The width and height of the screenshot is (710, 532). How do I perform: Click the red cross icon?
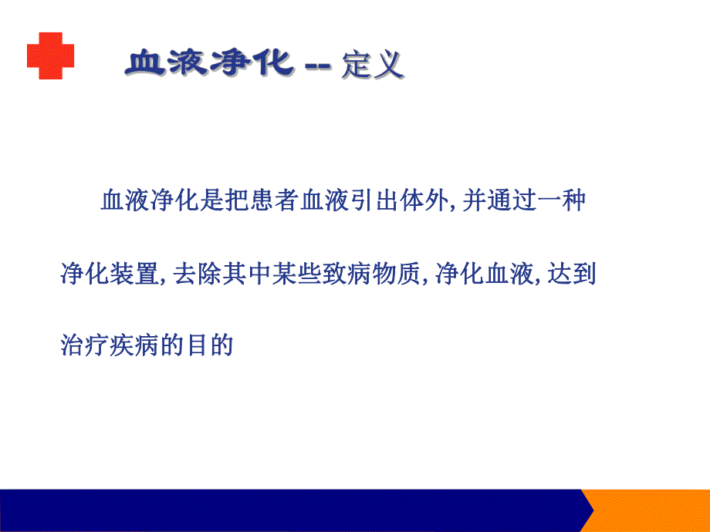pyautogui.click(x=51, y=56)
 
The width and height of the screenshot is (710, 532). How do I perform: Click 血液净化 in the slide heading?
pyautogui.click(x=208, y=63)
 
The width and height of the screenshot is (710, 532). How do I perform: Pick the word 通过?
pyautogui.click(x=502, y=203)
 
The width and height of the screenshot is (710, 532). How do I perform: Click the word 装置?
pyautogui.click(x=132, y=274)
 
